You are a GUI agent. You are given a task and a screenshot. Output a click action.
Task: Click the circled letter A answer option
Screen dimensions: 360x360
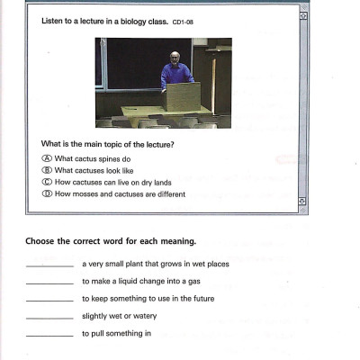(47, 159)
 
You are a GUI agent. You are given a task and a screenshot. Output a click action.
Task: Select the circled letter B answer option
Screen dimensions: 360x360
(47, 171)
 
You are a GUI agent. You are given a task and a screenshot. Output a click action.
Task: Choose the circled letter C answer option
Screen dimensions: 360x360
(47, 183)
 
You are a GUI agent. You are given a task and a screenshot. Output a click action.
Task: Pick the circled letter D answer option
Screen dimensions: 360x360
(47, 194)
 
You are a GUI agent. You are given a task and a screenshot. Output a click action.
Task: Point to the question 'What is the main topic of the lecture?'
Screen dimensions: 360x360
(108, 145)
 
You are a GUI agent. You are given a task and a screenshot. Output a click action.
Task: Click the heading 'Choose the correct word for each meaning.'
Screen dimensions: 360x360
(112, 241)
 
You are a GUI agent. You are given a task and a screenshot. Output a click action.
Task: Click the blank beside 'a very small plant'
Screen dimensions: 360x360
(50, 265)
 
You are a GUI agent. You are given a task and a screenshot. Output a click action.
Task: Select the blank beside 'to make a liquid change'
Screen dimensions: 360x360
(50, 283)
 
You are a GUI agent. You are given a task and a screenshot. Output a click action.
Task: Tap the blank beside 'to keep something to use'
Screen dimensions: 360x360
(50, 300)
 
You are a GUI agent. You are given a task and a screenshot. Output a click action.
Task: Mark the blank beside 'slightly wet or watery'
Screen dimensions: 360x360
(50, 317)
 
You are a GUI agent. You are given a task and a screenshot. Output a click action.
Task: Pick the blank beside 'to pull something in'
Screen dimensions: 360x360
(50, 335)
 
